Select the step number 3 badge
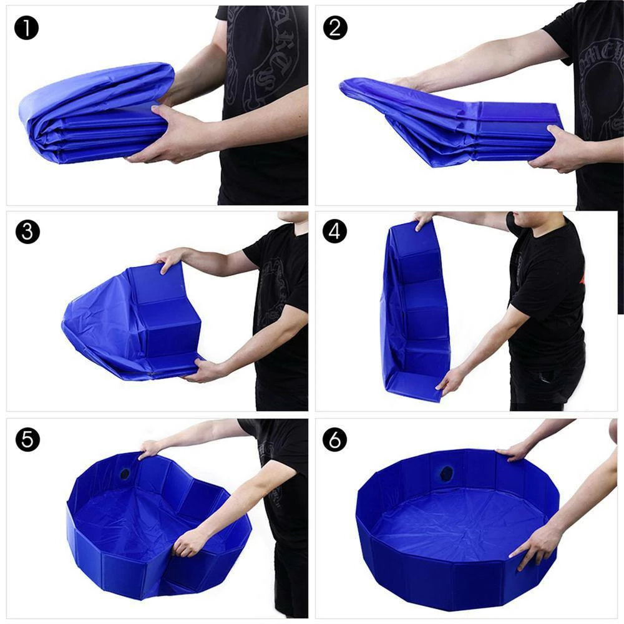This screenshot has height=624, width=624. point(27,232)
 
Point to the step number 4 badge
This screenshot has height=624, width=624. point(334,232)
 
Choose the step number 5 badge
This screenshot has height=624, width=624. point(27,439)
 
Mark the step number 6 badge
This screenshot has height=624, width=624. point(334,439)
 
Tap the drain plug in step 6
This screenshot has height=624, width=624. point(446,472)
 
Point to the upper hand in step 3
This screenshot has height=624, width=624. point(170,259)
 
